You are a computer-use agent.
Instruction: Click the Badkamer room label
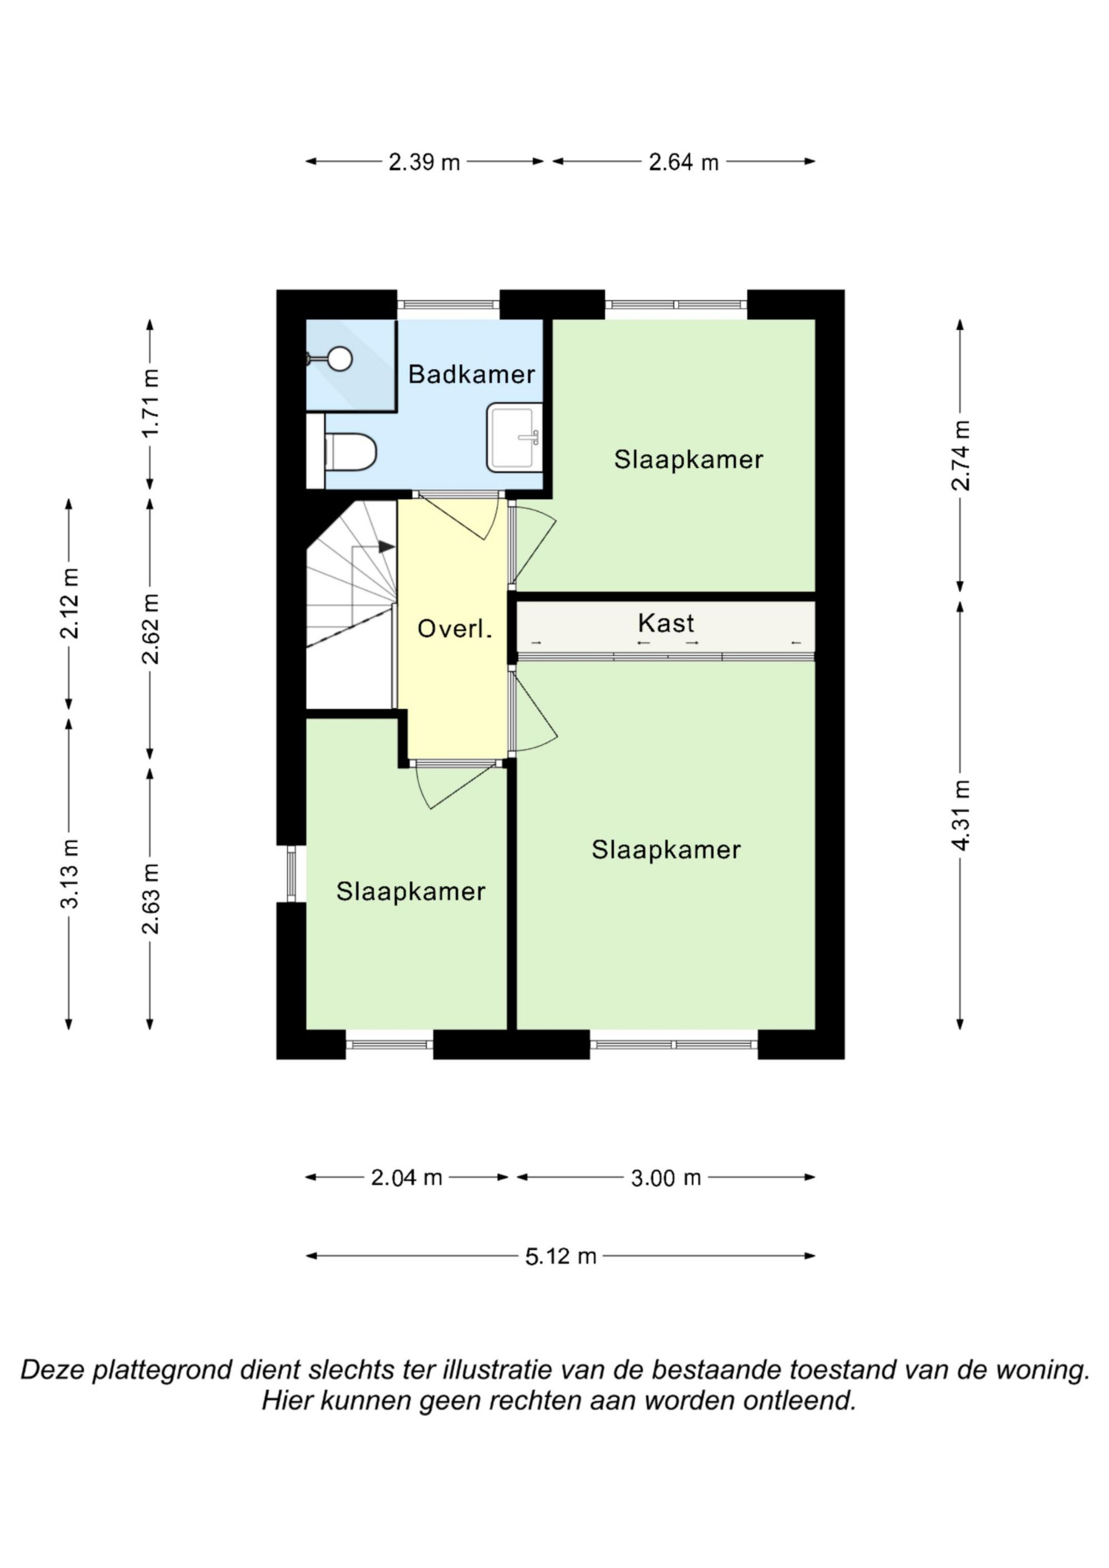point(471,374)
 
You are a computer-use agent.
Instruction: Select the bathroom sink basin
point(515,438)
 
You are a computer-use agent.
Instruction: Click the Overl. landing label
point(455,629)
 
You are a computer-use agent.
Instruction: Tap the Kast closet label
point(665,623)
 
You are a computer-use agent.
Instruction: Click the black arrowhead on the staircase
point(386,546)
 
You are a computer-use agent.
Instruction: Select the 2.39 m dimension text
point(424,162)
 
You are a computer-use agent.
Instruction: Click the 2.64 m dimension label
point(683,162)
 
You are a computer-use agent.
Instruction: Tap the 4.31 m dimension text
point(961,815)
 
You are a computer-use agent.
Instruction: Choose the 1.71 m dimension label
point(151,403)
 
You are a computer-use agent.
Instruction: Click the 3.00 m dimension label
point(666,1178)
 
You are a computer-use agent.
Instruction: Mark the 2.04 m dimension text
point(406,1177)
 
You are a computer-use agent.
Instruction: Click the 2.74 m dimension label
point(961,455)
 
